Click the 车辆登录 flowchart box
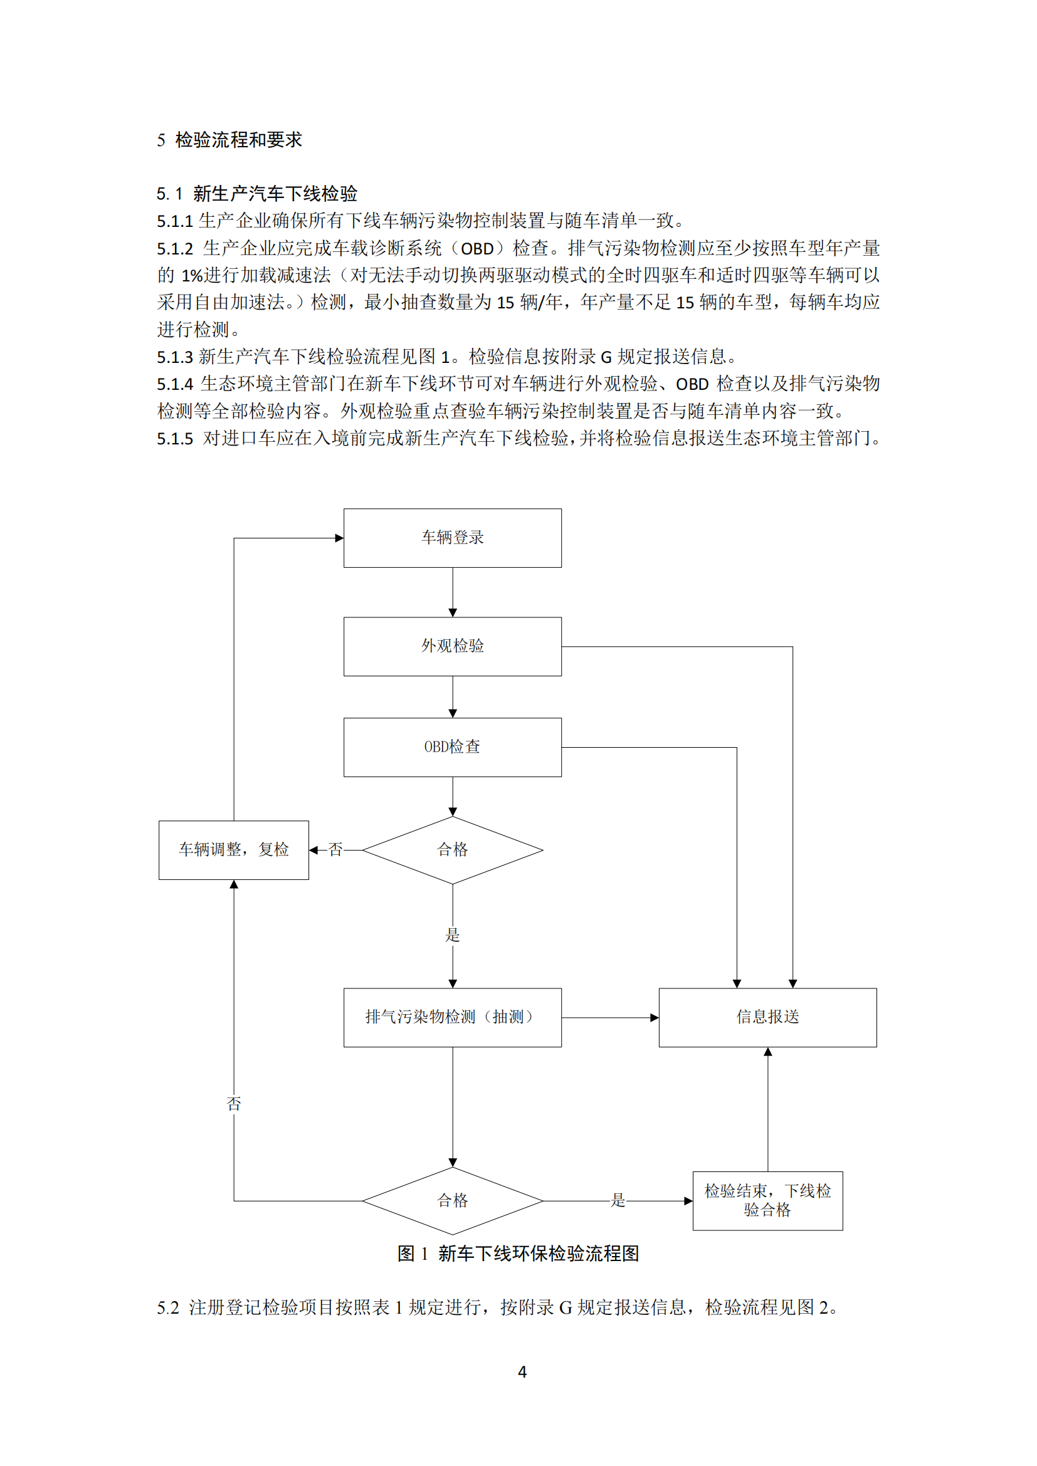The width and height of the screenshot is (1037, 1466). click(x=452, y=538)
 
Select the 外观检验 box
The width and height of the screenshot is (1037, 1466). click(x=452, y=646)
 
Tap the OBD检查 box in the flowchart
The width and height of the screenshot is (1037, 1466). click(x=452, y=747)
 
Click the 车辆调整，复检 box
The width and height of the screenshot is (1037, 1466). click(x=234, y=850)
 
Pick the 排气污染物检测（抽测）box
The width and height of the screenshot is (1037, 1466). click(x=452, y=1017)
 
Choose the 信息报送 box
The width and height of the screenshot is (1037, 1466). click(x=767, y=1017)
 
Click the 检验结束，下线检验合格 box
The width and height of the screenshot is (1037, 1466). click(x=767, y=1200)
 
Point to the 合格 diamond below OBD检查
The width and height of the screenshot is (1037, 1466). click(x=452, y=850)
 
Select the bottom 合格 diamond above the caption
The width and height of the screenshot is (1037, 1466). click(x=452, y=1200)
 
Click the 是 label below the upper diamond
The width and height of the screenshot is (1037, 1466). click(x=452, y=935)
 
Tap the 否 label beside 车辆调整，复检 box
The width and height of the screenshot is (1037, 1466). click(x=336, y=850)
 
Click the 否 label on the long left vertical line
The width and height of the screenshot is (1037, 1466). click(x=234, y=1103)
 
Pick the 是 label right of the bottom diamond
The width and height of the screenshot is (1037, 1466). click(x=618, y=1200)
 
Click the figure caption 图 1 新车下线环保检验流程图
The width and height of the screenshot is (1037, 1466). click(x=518, y=1254)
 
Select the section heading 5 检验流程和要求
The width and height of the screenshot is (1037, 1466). click(x=229, y=140)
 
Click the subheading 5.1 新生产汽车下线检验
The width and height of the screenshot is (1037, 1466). click(x=256, y=194)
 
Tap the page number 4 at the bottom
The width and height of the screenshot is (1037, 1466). click(x=522, y=1372)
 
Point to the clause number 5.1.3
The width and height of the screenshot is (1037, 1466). click(x=175, y=357)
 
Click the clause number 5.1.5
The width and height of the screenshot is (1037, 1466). click(x=175, y=439)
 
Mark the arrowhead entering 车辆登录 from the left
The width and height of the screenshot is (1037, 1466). click(x=340, y=538)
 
